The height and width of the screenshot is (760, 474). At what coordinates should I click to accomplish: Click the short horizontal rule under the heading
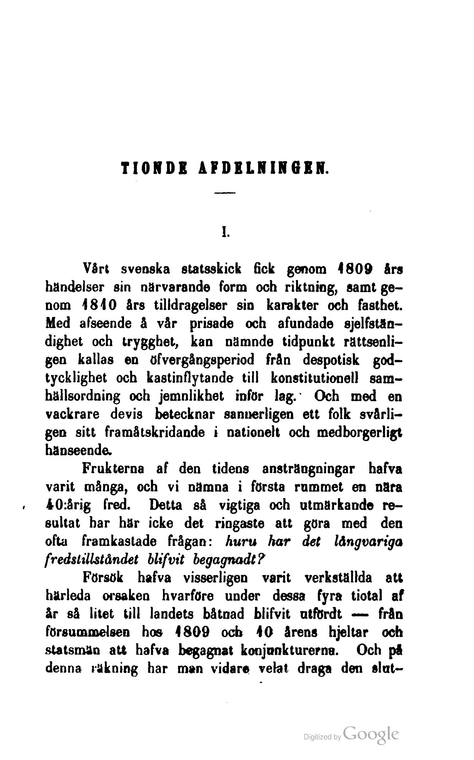point(226,193)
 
